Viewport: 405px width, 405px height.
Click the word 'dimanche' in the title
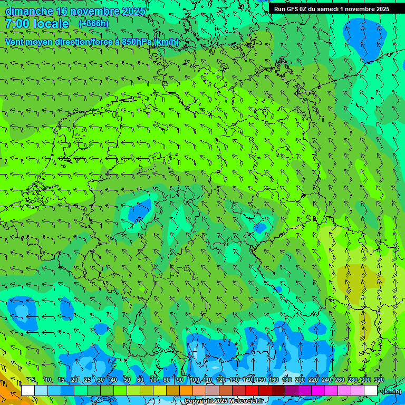(x=29, y=11)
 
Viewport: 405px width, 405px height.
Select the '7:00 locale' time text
(x=37, y=24)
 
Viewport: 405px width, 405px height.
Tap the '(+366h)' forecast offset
(x=93, y=23)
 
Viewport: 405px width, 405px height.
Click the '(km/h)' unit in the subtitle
(x=166, y=42)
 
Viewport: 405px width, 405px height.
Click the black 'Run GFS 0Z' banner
(x=331, y=8)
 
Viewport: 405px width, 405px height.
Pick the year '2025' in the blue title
(x=134, y=11)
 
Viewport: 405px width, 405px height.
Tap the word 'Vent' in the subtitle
(x=15, y=42)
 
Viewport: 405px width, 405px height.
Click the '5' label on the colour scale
(x=34, y=380)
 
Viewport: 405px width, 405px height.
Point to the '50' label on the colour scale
(x=127, y=380)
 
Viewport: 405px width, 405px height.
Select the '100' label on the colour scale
(x=195, y=380)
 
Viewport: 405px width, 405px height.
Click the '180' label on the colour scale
(x=287, y=380)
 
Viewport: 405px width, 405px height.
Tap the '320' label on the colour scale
(x=379, y=380)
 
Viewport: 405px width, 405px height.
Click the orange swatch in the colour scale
(x=186, y=390)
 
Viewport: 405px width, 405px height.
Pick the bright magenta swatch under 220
(x=318, y=390)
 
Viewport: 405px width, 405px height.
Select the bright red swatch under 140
(x=252, y=390)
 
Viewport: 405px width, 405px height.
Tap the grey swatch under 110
(x=213, y=390)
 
